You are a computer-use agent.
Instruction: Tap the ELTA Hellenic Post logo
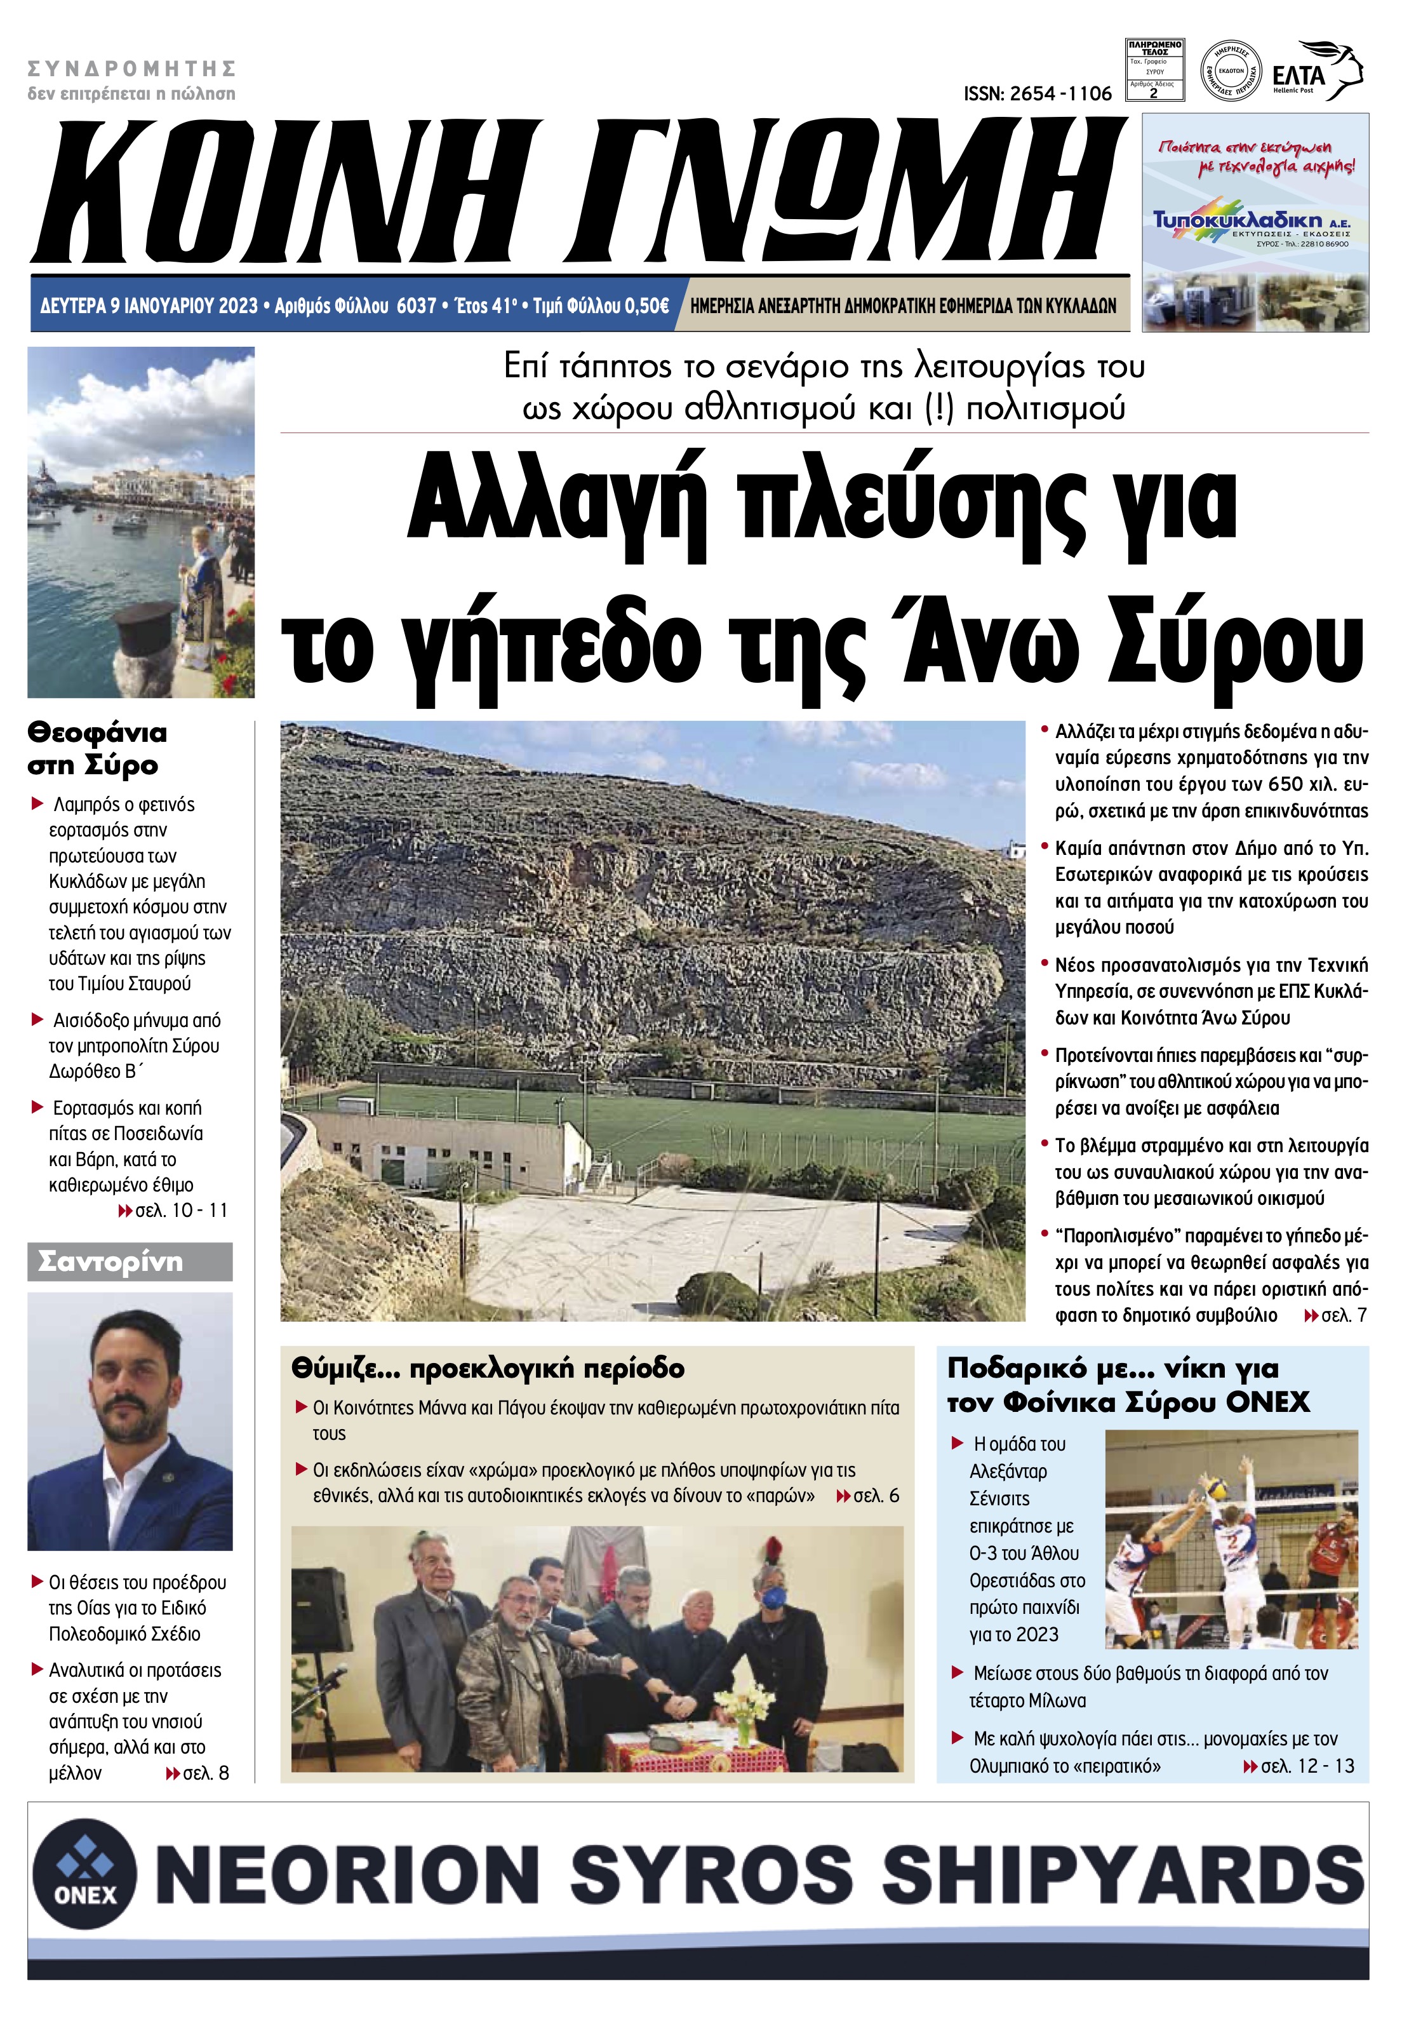point(1318,72)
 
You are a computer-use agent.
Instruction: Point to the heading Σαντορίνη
point(110,1262)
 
